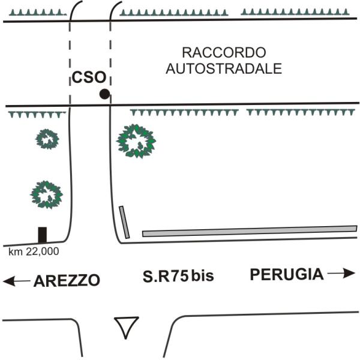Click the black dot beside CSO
point(104,94)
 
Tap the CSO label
point(89,77)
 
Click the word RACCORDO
point(223,52)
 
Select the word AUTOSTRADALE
point(224,68)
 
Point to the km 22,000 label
point(34,252)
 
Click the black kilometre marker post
point(42,235)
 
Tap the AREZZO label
point(67,280)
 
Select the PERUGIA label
point(287,275)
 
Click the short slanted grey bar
point(124,222)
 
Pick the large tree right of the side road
point(136,141)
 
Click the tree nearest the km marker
point(46,194)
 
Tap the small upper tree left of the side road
point(47,139)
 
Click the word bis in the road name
point(202,277)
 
